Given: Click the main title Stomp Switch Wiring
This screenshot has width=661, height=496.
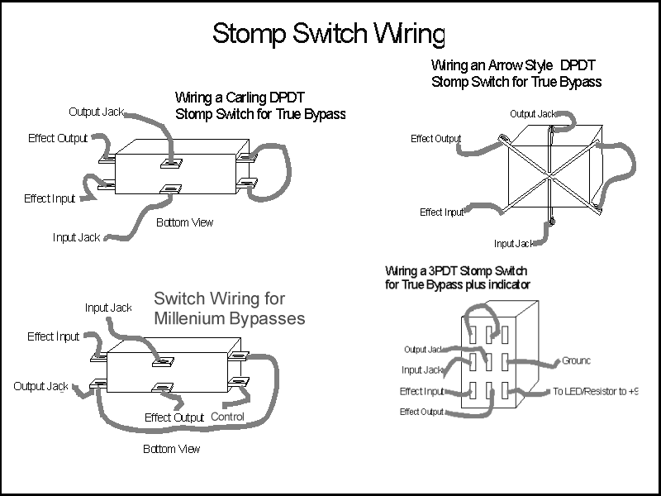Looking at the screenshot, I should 329,34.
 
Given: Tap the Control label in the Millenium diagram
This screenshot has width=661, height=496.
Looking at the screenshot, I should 227,417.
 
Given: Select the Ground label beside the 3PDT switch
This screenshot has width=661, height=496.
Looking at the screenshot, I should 576,361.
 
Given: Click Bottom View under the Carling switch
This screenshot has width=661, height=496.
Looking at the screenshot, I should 184,222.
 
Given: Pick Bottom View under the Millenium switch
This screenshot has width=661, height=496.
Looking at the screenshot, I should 171,449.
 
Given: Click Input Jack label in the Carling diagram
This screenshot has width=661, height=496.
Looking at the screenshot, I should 77,237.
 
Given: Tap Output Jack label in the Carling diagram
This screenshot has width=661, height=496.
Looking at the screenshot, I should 96,112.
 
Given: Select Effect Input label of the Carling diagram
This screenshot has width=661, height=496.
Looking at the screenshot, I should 50,198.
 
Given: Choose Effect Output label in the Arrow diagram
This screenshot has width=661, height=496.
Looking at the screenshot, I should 435,139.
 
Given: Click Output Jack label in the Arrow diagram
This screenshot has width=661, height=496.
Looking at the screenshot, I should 533,114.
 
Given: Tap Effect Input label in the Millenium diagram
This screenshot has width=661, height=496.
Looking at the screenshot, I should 53,336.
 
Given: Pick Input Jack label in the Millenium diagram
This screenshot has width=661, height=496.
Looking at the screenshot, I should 108,308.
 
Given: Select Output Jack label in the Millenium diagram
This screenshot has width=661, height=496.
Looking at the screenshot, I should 40,386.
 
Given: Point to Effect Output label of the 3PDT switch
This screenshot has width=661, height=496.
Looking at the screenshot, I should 421,412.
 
